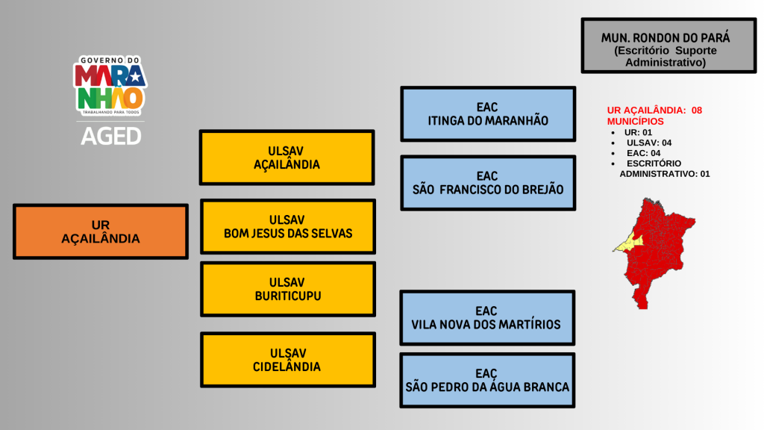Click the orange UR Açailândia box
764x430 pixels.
tap(100, 231)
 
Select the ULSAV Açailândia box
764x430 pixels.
tap(286, 157)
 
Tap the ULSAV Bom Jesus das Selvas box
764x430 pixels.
tap(288, 226)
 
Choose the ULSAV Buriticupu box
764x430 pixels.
tap(287, 289)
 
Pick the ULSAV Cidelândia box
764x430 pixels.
tap(287, 360)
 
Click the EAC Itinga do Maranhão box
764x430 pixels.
tap(488, 113)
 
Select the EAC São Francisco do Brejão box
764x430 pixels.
tap(488, 182)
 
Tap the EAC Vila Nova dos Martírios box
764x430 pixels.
tap(486, 317)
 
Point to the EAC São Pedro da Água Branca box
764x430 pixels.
tap(487, 380)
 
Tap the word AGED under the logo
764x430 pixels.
tap(110, 137)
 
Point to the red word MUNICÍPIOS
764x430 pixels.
tap(636, 121)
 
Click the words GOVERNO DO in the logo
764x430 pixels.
tap(110, 60)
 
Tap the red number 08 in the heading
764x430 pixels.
tap(697, 110)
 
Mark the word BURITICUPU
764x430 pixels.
tap(287, 296)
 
